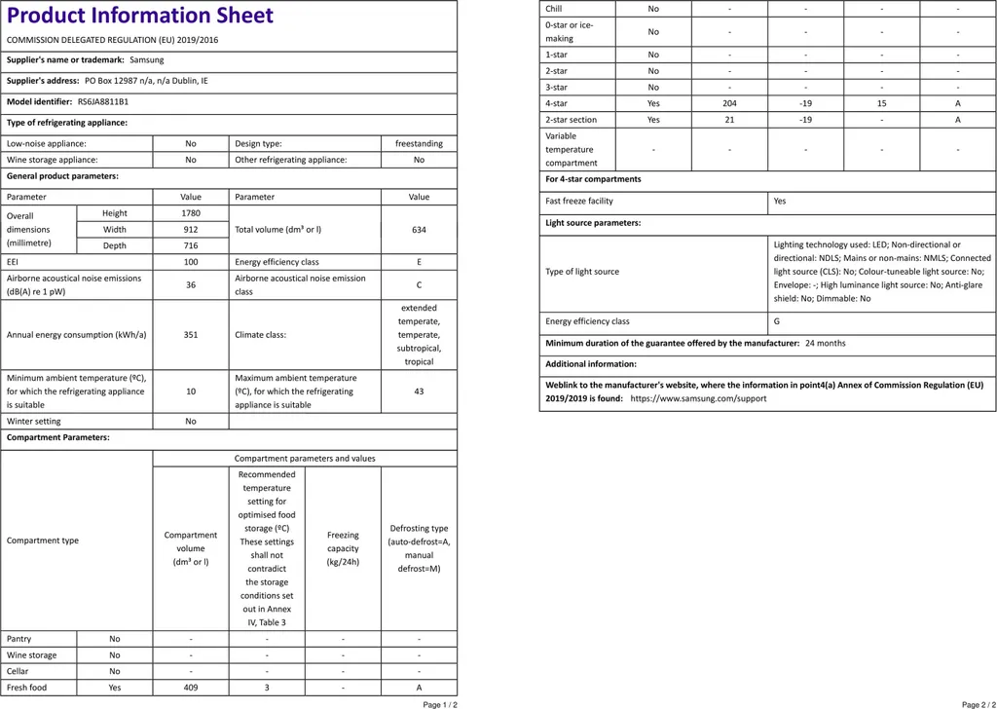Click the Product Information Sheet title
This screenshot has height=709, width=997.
(x=140, y=17)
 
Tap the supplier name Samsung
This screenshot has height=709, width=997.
(x=147, y=60)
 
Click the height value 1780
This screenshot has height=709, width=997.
(x=191, y=213)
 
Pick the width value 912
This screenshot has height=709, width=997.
(x=191, y=230)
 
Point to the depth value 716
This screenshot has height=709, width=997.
(x=191, y=245)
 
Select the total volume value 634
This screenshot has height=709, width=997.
(x=419, y=230)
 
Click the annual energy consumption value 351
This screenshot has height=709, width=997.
(x=191, y=335)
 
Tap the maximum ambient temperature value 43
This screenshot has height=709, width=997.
(x=419, y=391)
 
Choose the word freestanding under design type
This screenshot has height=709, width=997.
(x=419, y=143)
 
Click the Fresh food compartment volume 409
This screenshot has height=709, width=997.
(x=191, y=688)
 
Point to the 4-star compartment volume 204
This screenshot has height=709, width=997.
(x=729, y=103)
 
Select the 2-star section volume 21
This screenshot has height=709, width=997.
(x=729, y=120)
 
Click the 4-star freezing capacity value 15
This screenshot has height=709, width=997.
(x=881, y=103)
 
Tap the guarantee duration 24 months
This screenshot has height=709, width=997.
(x=825, y=343)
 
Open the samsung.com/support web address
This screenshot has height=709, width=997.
(x=698, y=398)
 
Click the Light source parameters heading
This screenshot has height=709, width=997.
(x=593, y=223)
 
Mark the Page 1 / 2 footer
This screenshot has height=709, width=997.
(x=440, y=704)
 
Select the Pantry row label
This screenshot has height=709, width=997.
(x=19, y=639)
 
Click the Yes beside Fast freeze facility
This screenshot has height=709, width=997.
(x=779, y=201)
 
